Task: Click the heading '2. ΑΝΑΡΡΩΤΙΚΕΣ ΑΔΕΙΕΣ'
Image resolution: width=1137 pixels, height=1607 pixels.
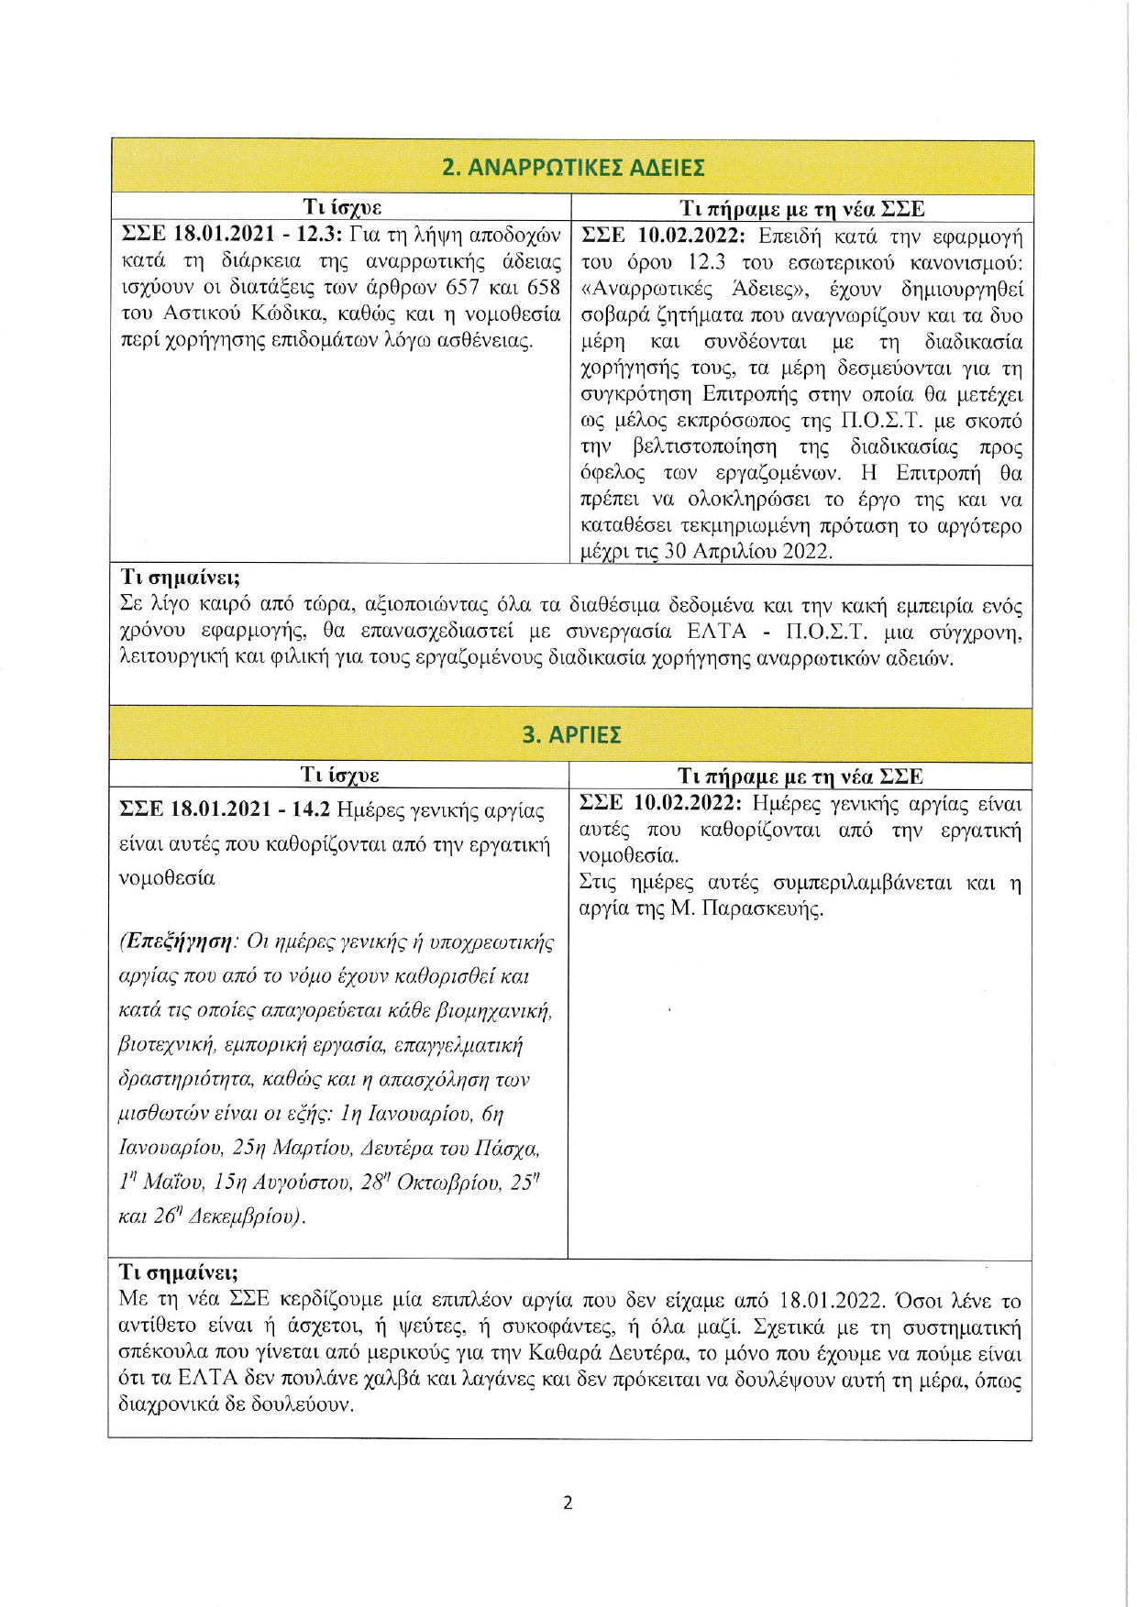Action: (573, 168)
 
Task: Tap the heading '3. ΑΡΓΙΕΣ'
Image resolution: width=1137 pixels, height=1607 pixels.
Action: (571, 735)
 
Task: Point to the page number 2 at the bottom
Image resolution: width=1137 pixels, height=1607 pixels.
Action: (568, 1502)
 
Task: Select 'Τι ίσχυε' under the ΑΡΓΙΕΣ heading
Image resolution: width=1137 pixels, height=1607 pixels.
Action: (340, 776)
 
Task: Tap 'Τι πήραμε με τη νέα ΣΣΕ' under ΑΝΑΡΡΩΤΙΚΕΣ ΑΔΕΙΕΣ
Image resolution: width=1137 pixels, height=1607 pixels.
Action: (801, 208)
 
